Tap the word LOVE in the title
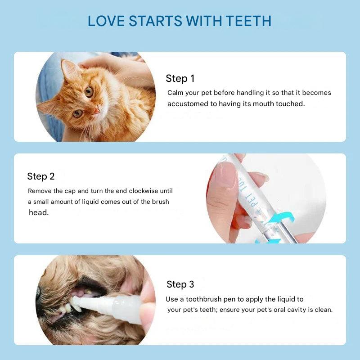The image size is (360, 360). [x=106, y=21]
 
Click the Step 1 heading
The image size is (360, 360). [x=180, y=78]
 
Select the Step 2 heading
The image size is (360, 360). [x=41, y=176]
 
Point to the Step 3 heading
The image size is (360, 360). [x=180, y=284]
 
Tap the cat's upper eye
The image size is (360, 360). [x=89, y=92]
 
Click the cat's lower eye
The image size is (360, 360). [x=77, y=113]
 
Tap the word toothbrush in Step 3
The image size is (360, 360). [x=204, y=299]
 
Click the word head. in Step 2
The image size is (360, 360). [x=39, y=212]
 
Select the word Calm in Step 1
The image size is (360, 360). [x=175, y=93]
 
